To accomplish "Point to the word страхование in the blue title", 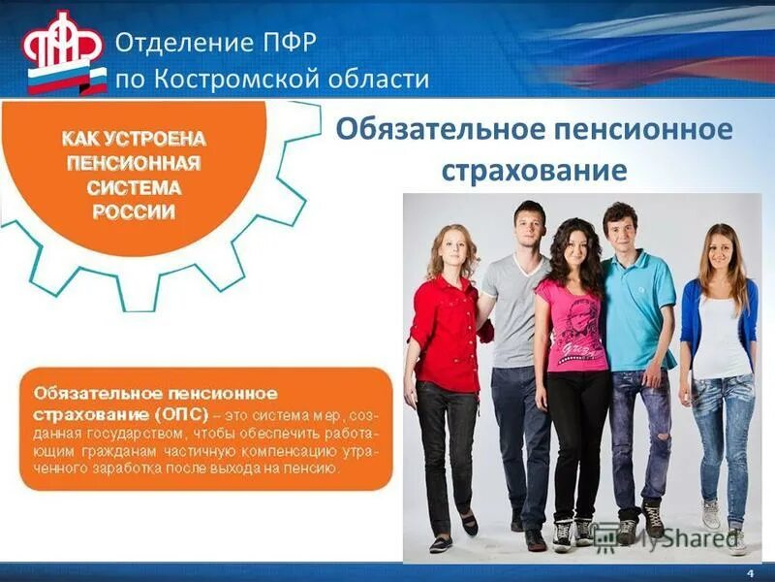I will (535, 171).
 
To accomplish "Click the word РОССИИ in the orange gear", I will (135, 211).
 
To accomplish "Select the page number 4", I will (750, 572).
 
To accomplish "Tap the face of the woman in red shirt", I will (453, 248).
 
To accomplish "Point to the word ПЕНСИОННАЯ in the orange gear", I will (135, 162).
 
